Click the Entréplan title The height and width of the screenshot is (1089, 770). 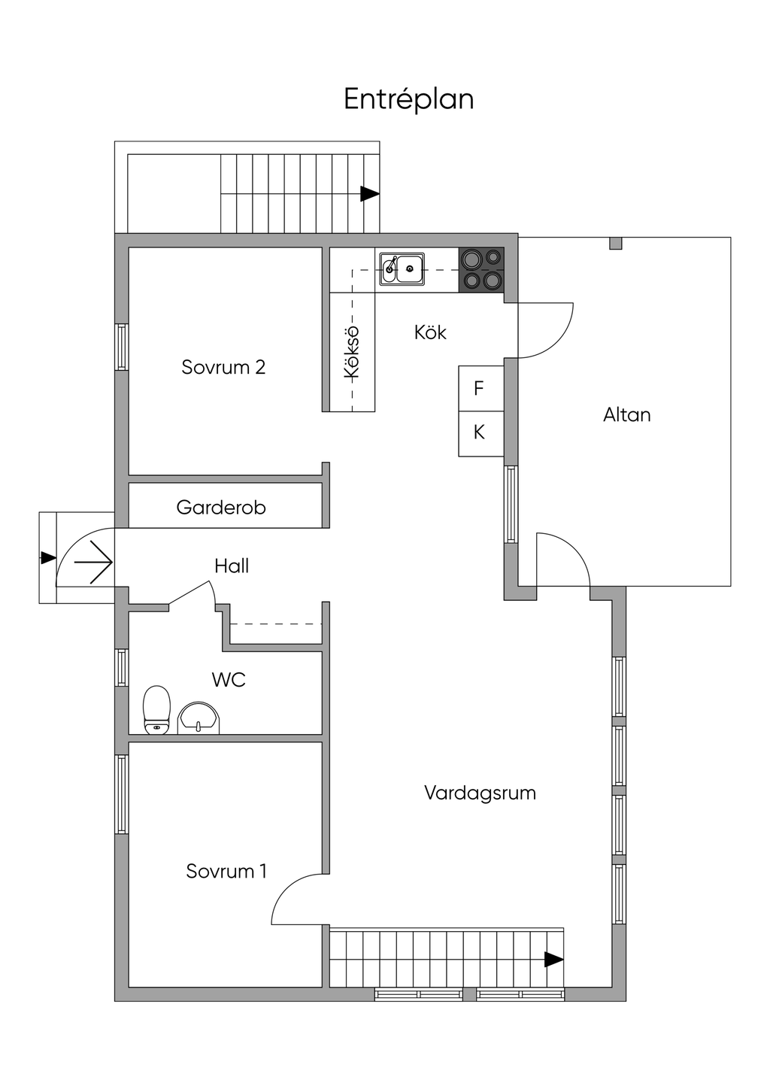coord(408,99)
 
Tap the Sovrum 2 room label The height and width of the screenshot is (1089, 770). coord(223,367)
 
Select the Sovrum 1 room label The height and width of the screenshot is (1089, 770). coord(226,871)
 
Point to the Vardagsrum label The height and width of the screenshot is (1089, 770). coord(480,793)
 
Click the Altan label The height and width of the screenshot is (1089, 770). coord(626,414)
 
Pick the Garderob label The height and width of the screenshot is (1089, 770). coord(221,508)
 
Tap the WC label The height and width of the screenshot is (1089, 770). coord(229,680)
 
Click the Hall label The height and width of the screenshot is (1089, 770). coord(231,566)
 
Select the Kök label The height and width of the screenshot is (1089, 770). coord(430,332)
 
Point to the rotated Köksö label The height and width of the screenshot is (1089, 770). coord(351,352)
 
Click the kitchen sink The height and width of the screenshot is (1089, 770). coord(402,268)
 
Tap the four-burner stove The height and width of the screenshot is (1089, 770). coord(481,269)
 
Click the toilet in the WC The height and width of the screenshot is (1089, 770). coord(156,708)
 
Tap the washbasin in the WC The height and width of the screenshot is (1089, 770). coord(199,718)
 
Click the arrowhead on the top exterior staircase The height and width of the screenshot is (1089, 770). coord(369,193)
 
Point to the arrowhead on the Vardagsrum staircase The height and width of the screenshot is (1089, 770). coord(554,959)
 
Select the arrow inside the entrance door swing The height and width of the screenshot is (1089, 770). coord(95,561)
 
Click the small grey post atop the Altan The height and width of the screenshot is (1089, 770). coord(615,243)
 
